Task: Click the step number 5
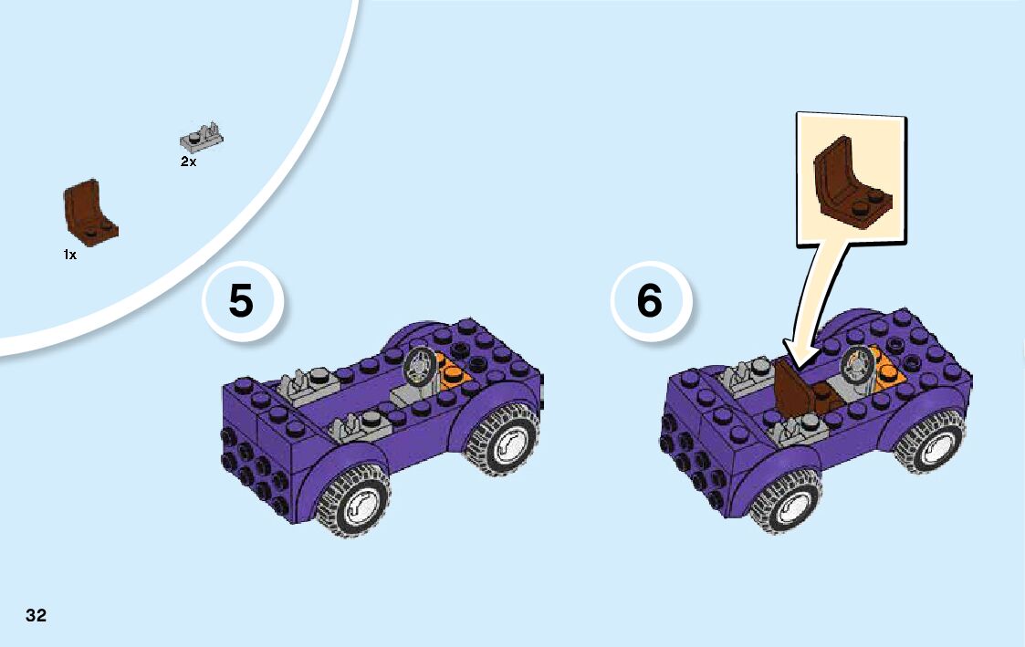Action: [x=241, y=301]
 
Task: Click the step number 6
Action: [x=649, y=301]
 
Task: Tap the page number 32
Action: [x=36, y=615]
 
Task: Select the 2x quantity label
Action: [x=188, y=162]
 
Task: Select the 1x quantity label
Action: [x=70, y=255]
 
